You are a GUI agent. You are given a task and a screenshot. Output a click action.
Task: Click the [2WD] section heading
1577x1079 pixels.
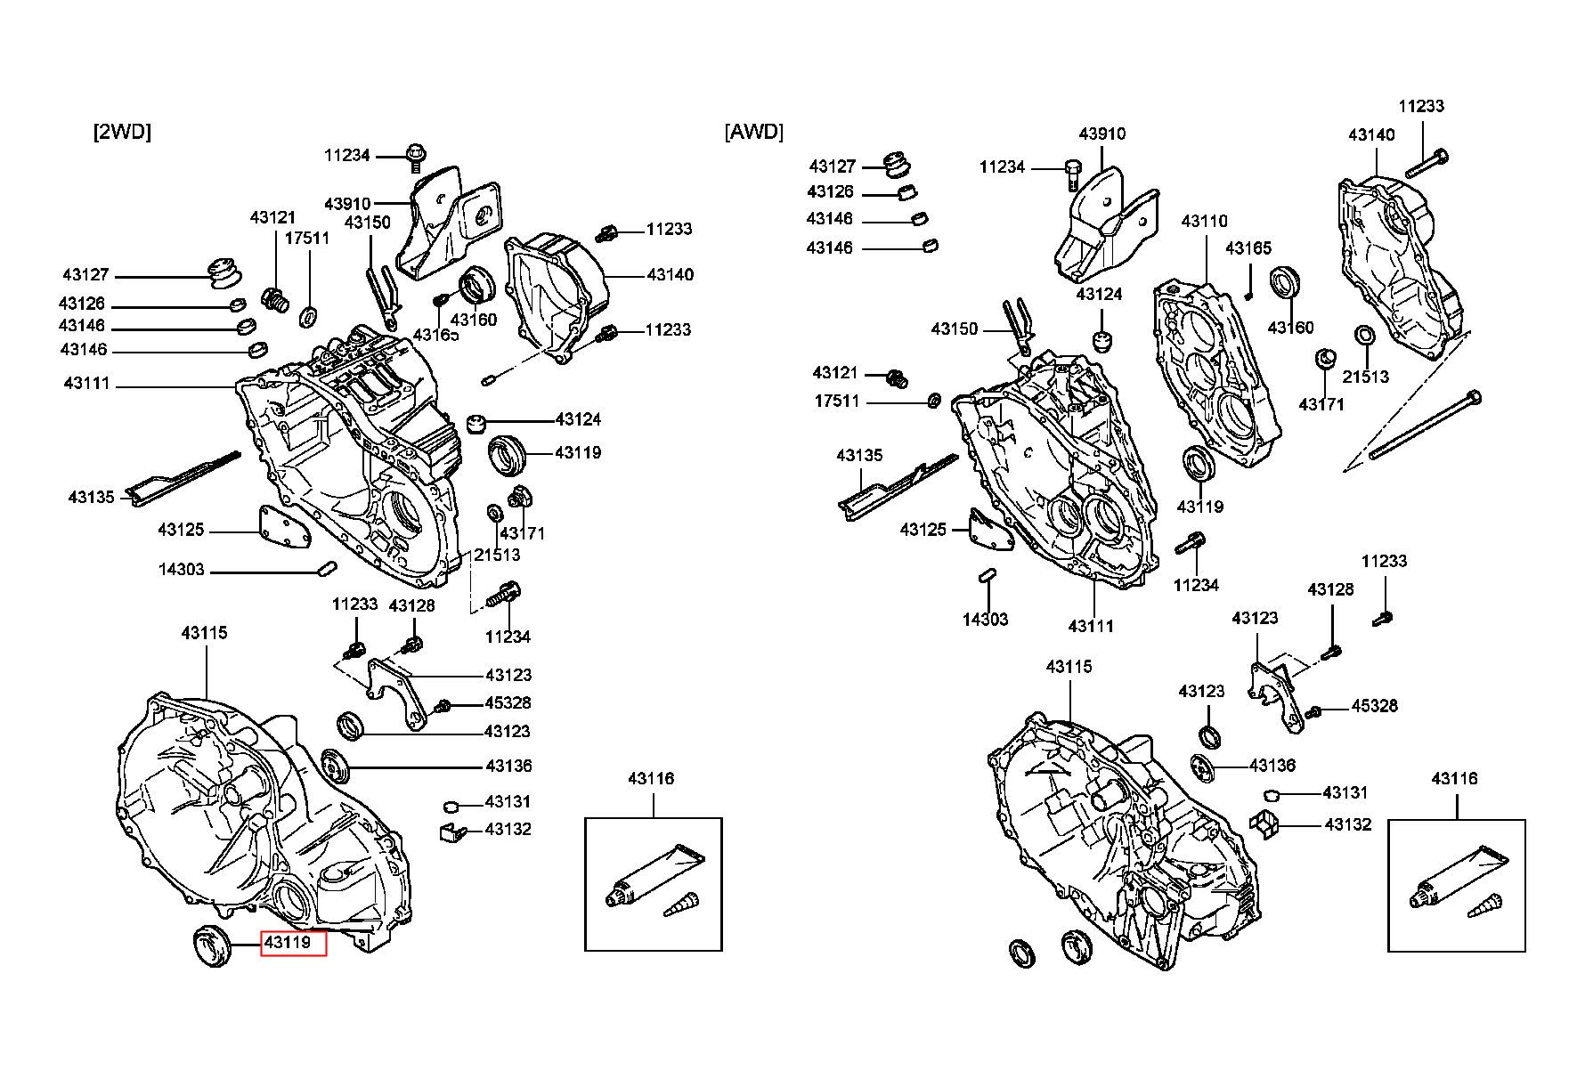coord(122,132)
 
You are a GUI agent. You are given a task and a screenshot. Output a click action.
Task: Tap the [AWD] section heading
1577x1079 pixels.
coord(754,132)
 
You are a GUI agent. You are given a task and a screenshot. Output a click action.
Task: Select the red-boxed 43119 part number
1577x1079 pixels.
coord(293,942)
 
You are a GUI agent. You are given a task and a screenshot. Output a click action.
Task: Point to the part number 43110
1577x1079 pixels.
coord(1204,221)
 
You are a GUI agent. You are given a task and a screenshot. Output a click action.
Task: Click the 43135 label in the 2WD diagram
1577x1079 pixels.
coord(92,497)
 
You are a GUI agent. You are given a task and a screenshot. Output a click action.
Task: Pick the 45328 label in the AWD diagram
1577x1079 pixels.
coord(1375,706)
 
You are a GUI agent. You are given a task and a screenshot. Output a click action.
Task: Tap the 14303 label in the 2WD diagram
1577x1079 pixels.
coord(182,569)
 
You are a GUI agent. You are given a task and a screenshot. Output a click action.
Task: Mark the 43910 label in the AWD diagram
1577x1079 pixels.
coord(1102,134)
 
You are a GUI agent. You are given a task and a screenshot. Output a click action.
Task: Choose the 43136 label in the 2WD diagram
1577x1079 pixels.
coord(508,766)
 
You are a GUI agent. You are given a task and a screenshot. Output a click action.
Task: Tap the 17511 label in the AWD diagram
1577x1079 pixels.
coord(837,402)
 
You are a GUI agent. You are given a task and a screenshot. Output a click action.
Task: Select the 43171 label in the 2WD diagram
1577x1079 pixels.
coord(522,533)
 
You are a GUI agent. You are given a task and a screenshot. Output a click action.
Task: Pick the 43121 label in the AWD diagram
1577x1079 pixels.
coord(835,372)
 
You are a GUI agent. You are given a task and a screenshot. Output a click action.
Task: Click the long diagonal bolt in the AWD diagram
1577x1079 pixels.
coord(1426,426)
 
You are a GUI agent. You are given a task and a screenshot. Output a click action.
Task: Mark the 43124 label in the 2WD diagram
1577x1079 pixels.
coord(578,419)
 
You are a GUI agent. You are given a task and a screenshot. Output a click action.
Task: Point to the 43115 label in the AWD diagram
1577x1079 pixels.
coord(1069,667)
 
